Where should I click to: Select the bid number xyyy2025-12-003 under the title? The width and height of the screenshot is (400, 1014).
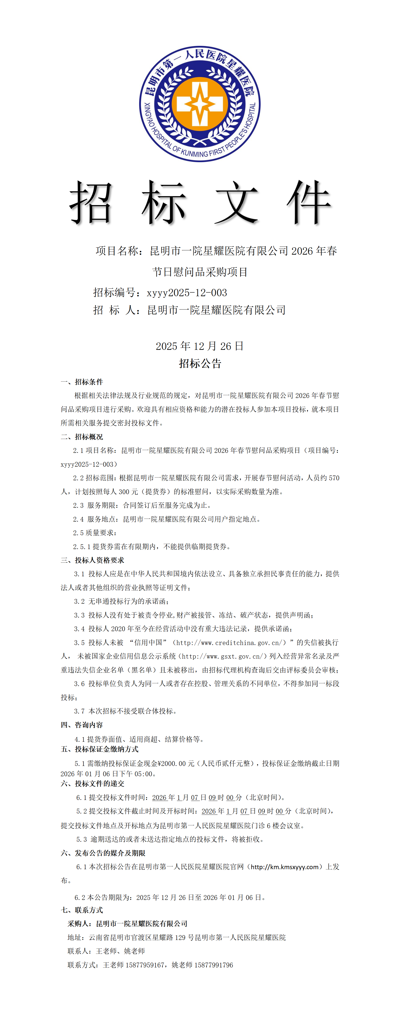pyautogui.click(x=187, y=292)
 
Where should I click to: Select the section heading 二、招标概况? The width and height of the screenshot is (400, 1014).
pyautogui.click(x=82, y=436)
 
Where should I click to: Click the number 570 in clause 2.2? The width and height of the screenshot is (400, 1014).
pyautogui.click(x=334, y=478)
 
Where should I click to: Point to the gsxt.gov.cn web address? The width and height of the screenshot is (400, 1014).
pyautogui.click(x=223, y=656)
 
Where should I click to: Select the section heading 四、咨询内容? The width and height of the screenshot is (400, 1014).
pyautogui.click(x=82, y=725)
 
